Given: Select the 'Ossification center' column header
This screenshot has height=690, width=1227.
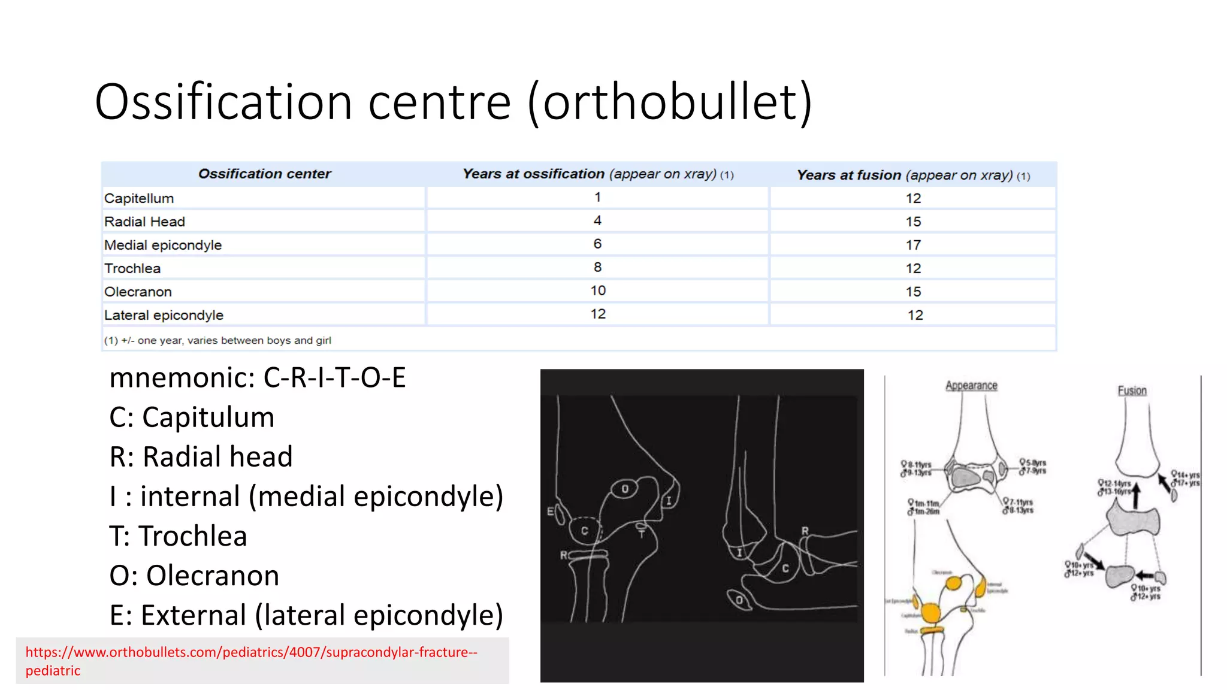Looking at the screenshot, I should coord(264,174).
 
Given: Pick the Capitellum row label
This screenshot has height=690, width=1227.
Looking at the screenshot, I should coord(139,198).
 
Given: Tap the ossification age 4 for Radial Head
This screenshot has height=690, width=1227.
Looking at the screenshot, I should coord(597,220).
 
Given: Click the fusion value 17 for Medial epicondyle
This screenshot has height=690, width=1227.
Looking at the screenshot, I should coord(913,245).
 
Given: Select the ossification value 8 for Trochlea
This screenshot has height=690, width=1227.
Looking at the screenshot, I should coord(597,267).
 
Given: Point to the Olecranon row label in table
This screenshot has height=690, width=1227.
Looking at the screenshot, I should coord(138,292).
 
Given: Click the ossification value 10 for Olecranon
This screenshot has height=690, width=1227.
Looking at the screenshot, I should coord(597,290).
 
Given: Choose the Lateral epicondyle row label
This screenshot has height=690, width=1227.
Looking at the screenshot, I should coord(164,315).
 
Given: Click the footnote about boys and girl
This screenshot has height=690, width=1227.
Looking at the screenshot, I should coord(217,340).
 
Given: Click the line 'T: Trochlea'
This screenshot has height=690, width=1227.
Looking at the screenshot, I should coord(178,535).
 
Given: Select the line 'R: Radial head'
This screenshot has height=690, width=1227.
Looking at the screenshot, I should coord(201,456).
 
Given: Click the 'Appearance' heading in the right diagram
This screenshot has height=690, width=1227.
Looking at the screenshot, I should coord(971,386).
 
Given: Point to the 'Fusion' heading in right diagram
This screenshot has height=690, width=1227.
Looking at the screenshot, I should coord(1132,391).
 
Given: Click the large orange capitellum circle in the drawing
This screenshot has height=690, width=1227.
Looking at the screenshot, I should coord(930,613).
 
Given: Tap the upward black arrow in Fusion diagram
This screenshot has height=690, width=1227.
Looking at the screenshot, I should coord(1135,496).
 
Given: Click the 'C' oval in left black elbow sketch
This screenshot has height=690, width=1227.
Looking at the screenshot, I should coord(584,530).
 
